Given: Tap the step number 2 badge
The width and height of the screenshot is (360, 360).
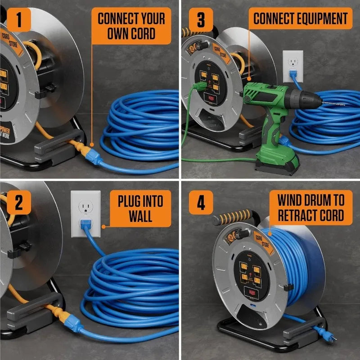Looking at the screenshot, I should pyautogui.click(x=19, y=203).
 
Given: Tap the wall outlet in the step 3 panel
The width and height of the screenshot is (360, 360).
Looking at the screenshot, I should pyautogui.click(x=292, y=67).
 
